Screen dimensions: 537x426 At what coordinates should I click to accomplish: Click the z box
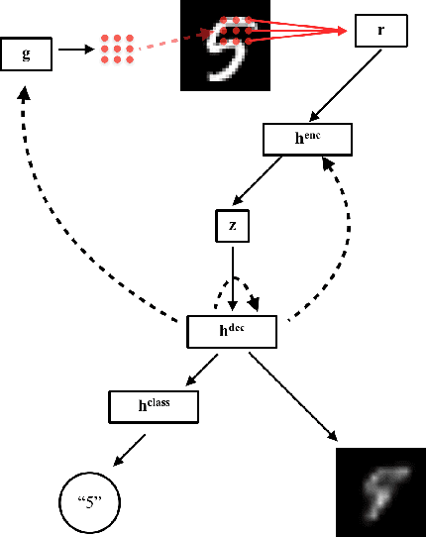click(x=233, y=226)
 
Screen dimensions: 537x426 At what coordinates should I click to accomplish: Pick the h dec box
click(x=231, y=331)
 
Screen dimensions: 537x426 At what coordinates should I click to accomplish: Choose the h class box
click(x=153, y=404)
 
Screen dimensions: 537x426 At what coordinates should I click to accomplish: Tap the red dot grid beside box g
click(x=117, y=50)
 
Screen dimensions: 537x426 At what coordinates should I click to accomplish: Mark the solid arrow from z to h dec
click(x=232, y=276)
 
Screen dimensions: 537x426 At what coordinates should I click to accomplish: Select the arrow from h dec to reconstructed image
click(x=293, y=396)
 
